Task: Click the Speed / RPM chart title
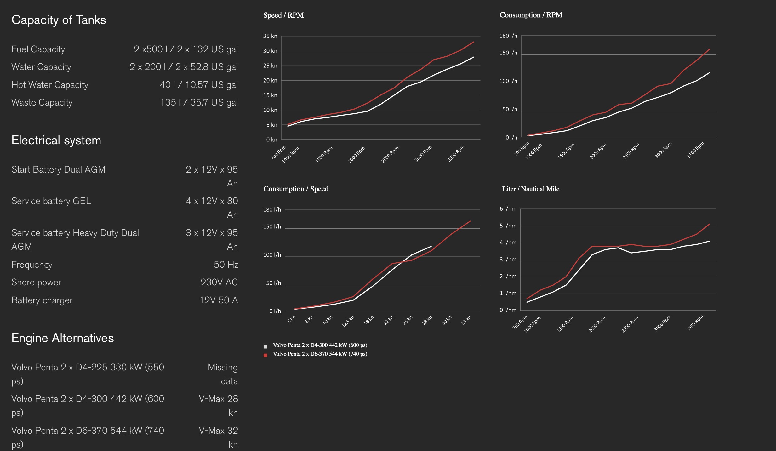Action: coord(283,15)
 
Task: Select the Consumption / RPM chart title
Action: coord(531,15)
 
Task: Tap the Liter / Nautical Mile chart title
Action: coord(531,189)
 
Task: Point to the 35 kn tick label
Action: coord(270,36)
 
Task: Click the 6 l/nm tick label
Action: coord(508,209)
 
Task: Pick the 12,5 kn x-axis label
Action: coord(348,321)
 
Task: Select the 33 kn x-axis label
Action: coord(466,320)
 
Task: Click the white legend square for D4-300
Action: coord(265,346)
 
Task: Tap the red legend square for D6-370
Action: coord(265,355)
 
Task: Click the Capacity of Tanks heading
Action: coord(59,20)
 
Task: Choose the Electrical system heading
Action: coord(56,140)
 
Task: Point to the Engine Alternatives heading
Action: coord(62,338)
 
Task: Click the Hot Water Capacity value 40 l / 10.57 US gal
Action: coord(199,85)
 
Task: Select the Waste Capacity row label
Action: coord(42,102)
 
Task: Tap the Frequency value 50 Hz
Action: coord(226,265)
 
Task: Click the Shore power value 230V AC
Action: coord(219,282)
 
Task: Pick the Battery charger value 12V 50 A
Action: coord(219,300)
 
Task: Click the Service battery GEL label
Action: coord(51,201)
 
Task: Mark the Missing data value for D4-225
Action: coord(223,374)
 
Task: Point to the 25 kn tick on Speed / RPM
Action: coord(270,66)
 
